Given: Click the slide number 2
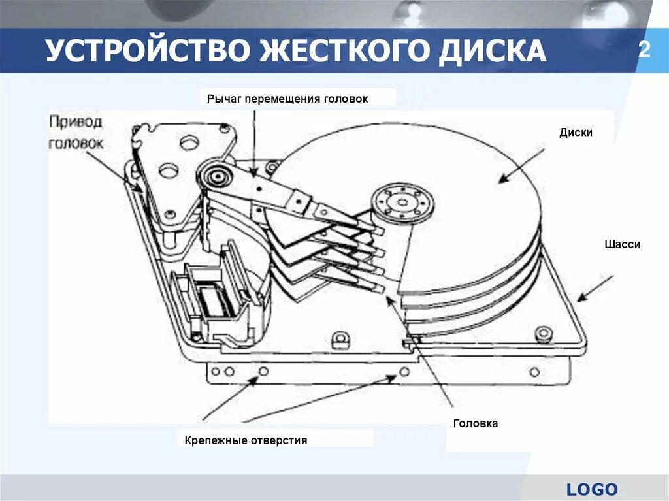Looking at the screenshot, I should point(644,50).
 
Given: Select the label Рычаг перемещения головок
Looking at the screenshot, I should point(287,99).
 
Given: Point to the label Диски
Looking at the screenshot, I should point(576,132).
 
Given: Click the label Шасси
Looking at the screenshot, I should point(622,244).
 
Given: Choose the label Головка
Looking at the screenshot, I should point(476,423).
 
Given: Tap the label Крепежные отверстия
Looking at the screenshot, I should point(245,440).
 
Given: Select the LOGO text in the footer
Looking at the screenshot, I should point(592,489).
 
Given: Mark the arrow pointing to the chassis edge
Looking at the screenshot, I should point(595,288).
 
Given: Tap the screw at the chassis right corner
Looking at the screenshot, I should point(540,334).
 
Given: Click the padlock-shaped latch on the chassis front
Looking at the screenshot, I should point(340,340).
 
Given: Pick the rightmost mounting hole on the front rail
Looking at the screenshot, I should point(535,372).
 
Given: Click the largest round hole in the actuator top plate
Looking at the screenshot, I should point(191,140).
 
